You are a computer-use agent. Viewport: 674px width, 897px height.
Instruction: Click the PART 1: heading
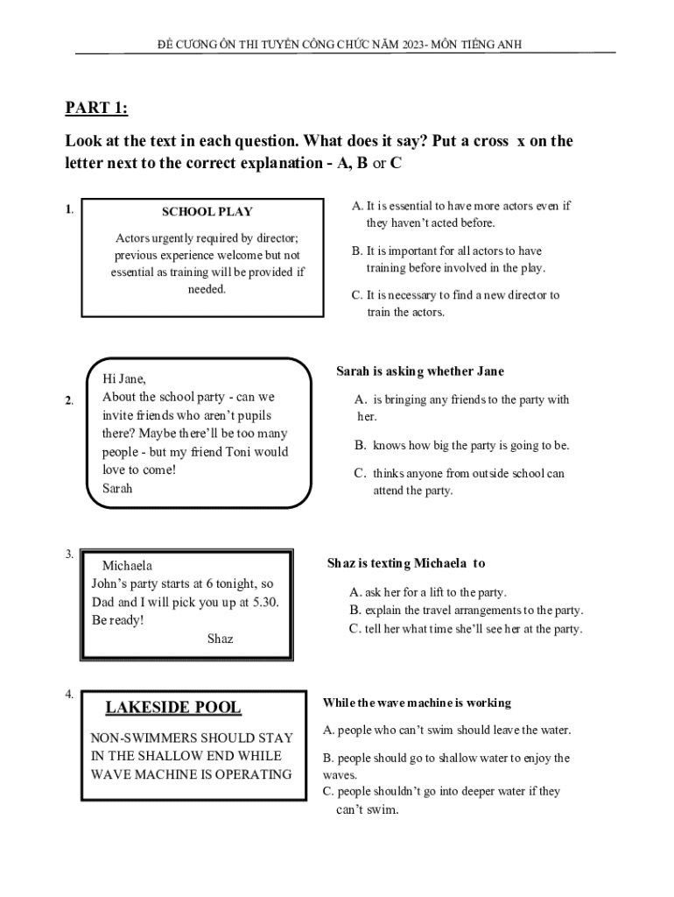click(96, 109)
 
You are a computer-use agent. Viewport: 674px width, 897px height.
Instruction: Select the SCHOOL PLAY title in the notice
click(207, 212)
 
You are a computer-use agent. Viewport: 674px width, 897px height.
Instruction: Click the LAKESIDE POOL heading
click(173, 708)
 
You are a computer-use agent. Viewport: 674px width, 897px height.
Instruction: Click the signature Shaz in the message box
click(220, 639)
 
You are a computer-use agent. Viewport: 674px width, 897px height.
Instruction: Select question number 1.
click(68, 209)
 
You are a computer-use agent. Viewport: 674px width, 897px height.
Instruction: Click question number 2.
click(68, 400)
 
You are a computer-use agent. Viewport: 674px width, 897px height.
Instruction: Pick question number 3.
click(68, 554)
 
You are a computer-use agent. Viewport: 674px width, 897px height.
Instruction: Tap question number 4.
click(68, 695)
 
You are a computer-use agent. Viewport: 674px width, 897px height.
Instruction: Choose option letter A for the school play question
click(356, 207)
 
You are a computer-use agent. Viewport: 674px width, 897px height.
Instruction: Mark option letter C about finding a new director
click(356, 295)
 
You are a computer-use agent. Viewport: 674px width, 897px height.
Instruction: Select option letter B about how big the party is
click(360, 446)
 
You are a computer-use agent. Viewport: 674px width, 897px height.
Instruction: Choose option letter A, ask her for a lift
click(355, 592)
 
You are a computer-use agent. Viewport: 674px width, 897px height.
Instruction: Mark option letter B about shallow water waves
click(327, 759)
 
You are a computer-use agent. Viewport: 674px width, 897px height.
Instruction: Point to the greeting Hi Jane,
click(124, 379)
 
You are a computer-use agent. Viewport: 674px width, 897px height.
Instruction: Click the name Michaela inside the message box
click(127, 566)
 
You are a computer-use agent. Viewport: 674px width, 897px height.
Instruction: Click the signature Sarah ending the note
click(117, 489)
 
